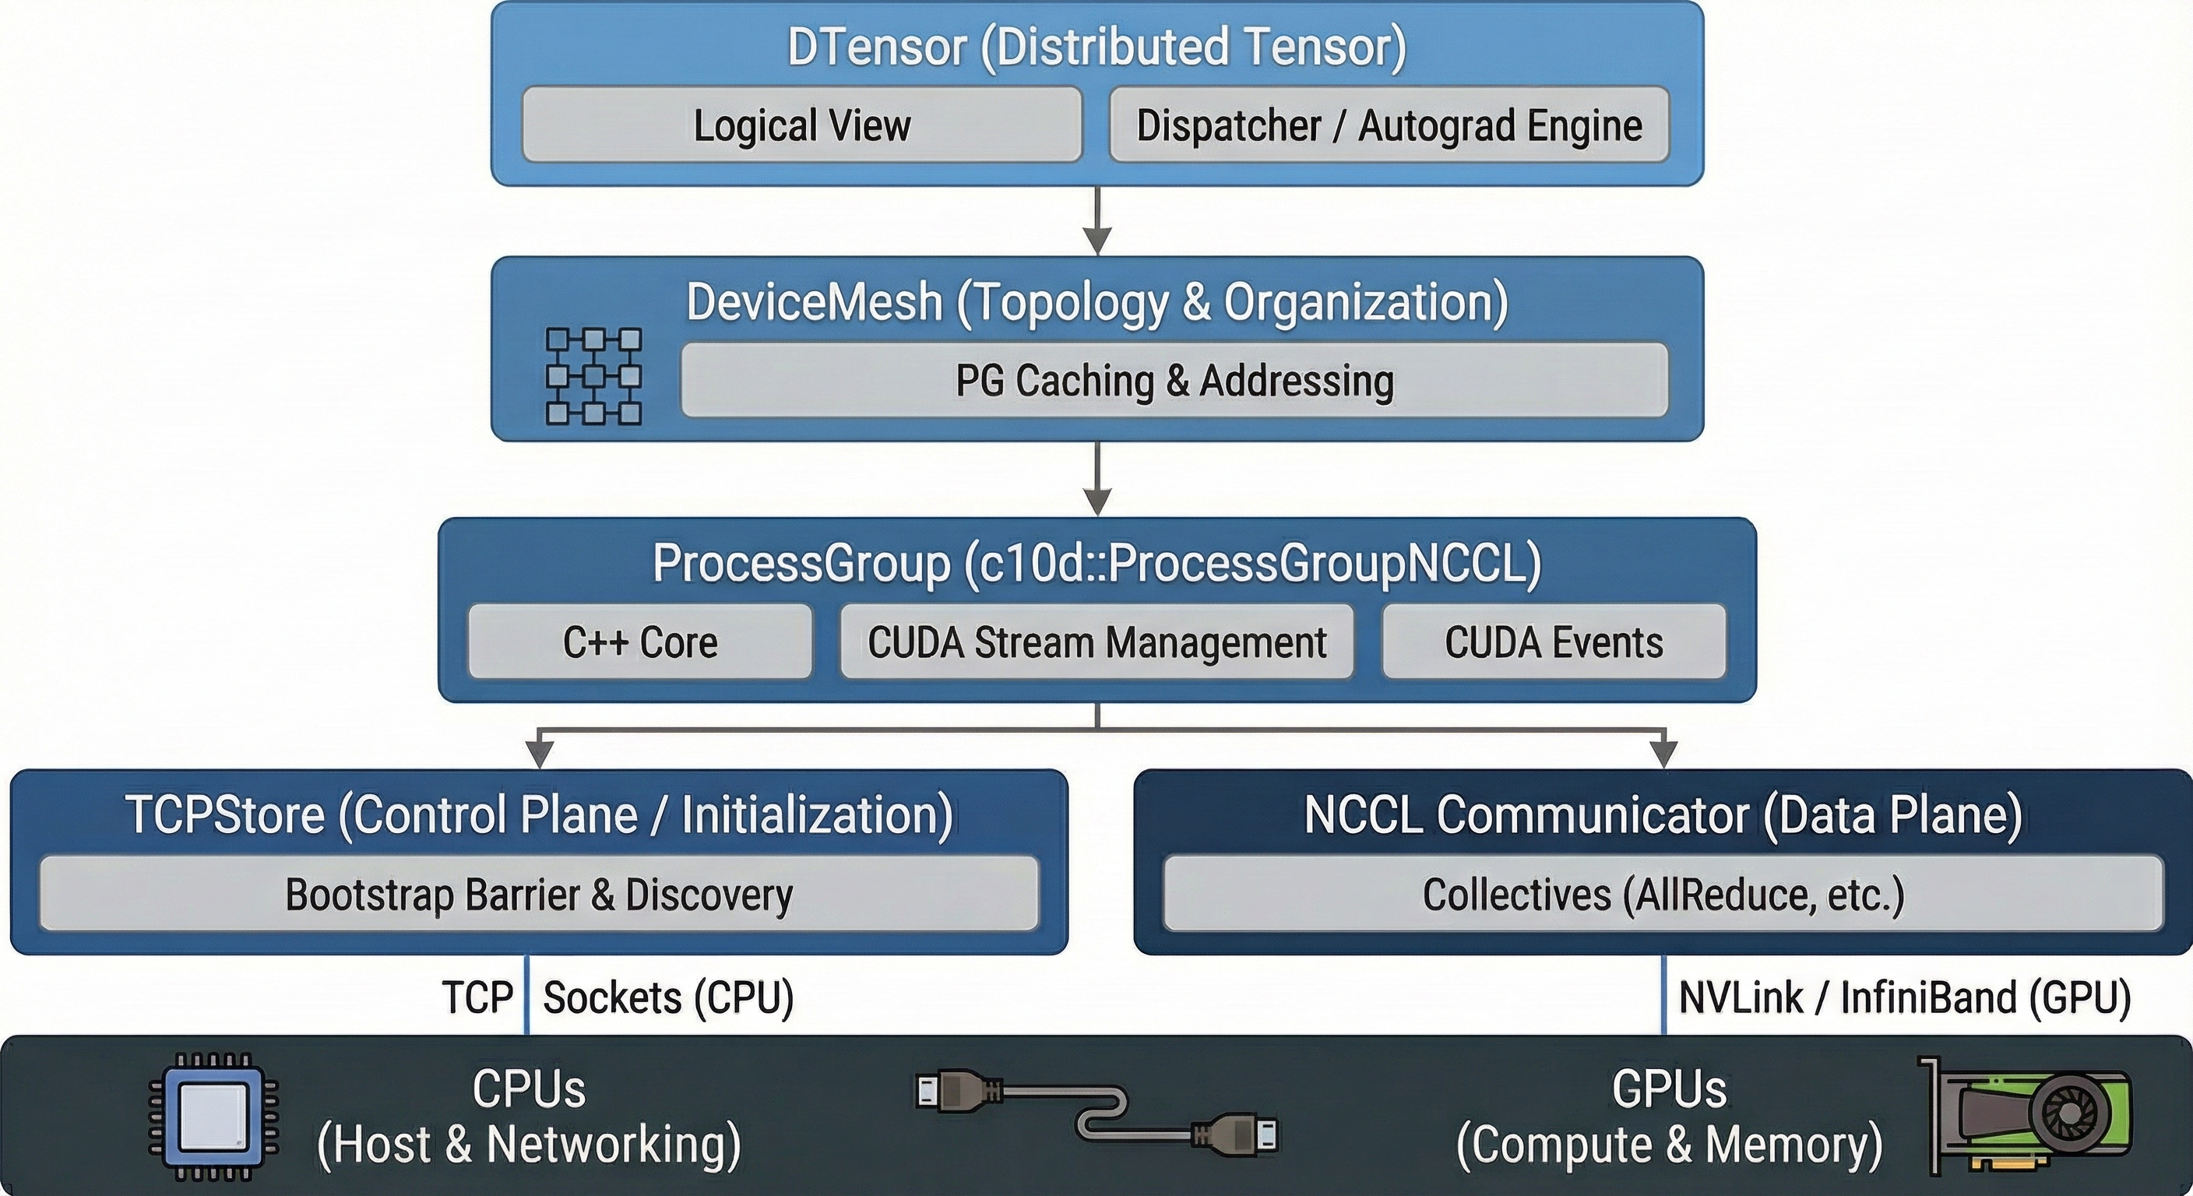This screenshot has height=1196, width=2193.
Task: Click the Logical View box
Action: click(801, 125)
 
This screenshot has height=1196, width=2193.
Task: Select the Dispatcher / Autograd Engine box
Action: click(1389, 125)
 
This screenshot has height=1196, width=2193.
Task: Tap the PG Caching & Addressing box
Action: click(1174, 381)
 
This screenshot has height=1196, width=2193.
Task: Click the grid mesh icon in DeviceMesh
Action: click(593, 376)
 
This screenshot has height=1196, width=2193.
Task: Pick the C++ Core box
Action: click(639, 642)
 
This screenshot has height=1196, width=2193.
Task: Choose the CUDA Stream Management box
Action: click(1096, 642)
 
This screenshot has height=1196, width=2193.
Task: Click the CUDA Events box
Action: click(1554, 642)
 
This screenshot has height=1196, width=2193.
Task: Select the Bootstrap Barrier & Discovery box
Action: click(539, 894)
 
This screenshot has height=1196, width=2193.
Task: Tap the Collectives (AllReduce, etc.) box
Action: click(1663, 894)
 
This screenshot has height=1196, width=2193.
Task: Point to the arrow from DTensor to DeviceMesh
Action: click(1097, 221)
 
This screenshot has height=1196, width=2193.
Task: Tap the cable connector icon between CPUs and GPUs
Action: click(1097, 1114)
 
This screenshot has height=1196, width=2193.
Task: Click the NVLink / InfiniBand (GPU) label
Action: click(1904, 997)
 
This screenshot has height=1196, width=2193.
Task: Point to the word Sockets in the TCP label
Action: click(612, 997)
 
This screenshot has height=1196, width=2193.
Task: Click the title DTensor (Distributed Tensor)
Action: click(1096, 47)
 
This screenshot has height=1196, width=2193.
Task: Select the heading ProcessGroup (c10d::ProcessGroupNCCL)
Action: click(1096, 564)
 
